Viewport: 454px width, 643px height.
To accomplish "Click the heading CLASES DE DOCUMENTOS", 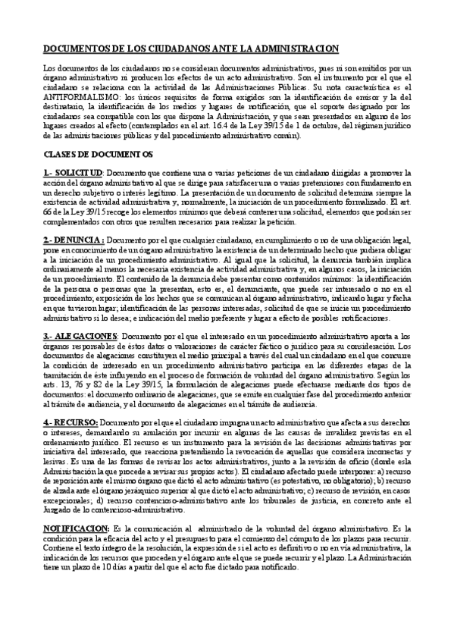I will point(98,155).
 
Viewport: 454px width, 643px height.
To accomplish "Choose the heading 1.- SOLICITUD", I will point(73,174).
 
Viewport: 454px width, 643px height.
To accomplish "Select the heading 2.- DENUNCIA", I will point(74,240).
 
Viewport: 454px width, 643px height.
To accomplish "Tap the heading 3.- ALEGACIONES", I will point(83,336).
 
